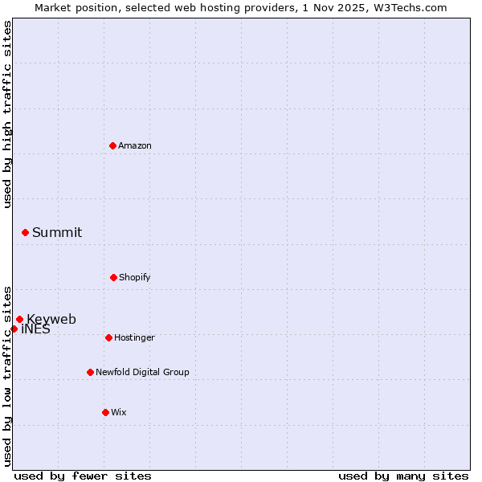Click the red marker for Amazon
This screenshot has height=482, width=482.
click(x=112, y=145)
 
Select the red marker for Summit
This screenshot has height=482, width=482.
click(x=25, y=232)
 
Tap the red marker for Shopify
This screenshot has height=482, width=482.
click(x=113, y=277)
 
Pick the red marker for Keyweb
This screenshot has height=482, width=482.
click(x=19, y=319)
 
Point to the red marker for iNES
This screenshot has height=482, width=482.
click(x=14, y=329)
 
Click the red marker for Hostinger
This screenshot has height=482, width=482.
click(x=108, y=337)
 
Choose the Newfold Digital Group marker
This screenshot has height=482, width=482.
click(x=90, y=372)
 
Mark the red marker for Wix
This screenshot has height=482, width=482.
click(x=105, y=412)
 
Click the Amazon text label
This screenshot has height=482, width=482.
click(x=135, y=145)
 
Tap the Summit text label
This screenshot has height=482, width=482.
click(x=57, y=232)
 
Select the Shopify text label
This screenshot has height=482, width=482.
click(x=135, y=277)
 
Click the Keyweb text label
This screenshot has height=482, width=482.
click(x=51, y=319)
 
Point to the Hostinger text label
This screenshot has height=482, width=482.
click(x=134, y=337)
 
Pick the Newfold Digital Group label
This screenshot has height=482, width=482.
click(x=142, y=372)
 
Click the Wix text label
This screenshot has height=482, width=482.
click(x=119, y=412)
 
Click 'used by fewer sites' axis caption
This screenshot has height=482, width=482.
click(x=83, y=476)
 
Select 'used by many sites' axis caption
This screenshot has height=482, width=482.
click(x=403, y=476)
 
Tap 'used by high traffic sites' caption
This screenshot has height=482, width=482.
click(x=8, y=114)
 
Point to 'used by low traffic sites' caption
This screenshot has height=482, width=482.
click(x=8, y=375)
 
